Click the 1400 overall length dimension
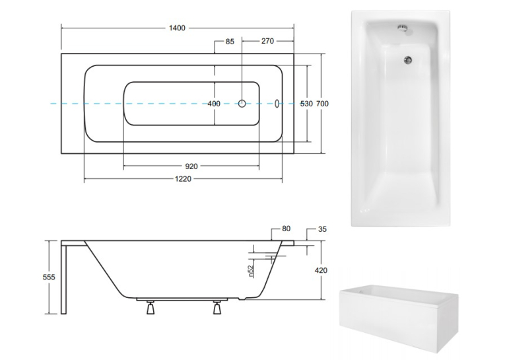(x=177, y=28)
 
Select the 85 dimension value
(x=230, y=42)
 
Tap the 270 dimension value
(x=267, y=41)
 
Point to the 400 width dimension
(x=214, y=104)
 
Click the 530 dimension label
(x=306, y=104)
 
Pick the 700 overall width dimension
(x=322, y=104)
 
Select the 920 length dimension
(x=191, y=166)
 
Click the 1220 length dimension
(x=183, y=179)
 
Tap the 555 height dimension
(x=49, y=277)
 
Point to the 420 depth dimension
(x=321, y=270)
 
